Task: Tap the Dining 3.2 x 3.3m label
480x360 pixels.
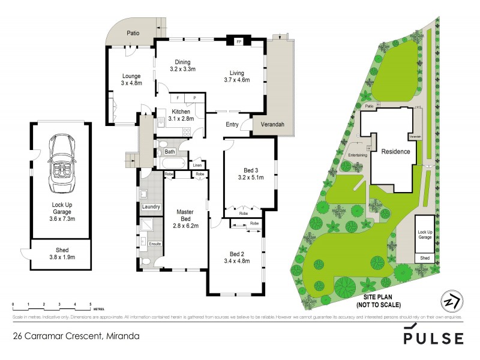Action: tap(183, 65)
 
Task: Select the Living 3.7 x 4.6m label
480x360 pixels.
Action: tap(236, 75)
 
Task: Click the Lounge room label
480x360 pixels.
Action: tap(131, 80)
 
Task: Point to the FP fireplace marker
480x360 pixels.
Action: tap(239, 43)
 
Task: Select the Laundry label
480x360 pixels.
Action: tap(151, 207)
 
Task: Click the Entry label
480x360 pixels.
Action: tap(232, 125)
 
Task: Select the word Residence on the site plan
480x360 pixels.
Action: tap(395, 151)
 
